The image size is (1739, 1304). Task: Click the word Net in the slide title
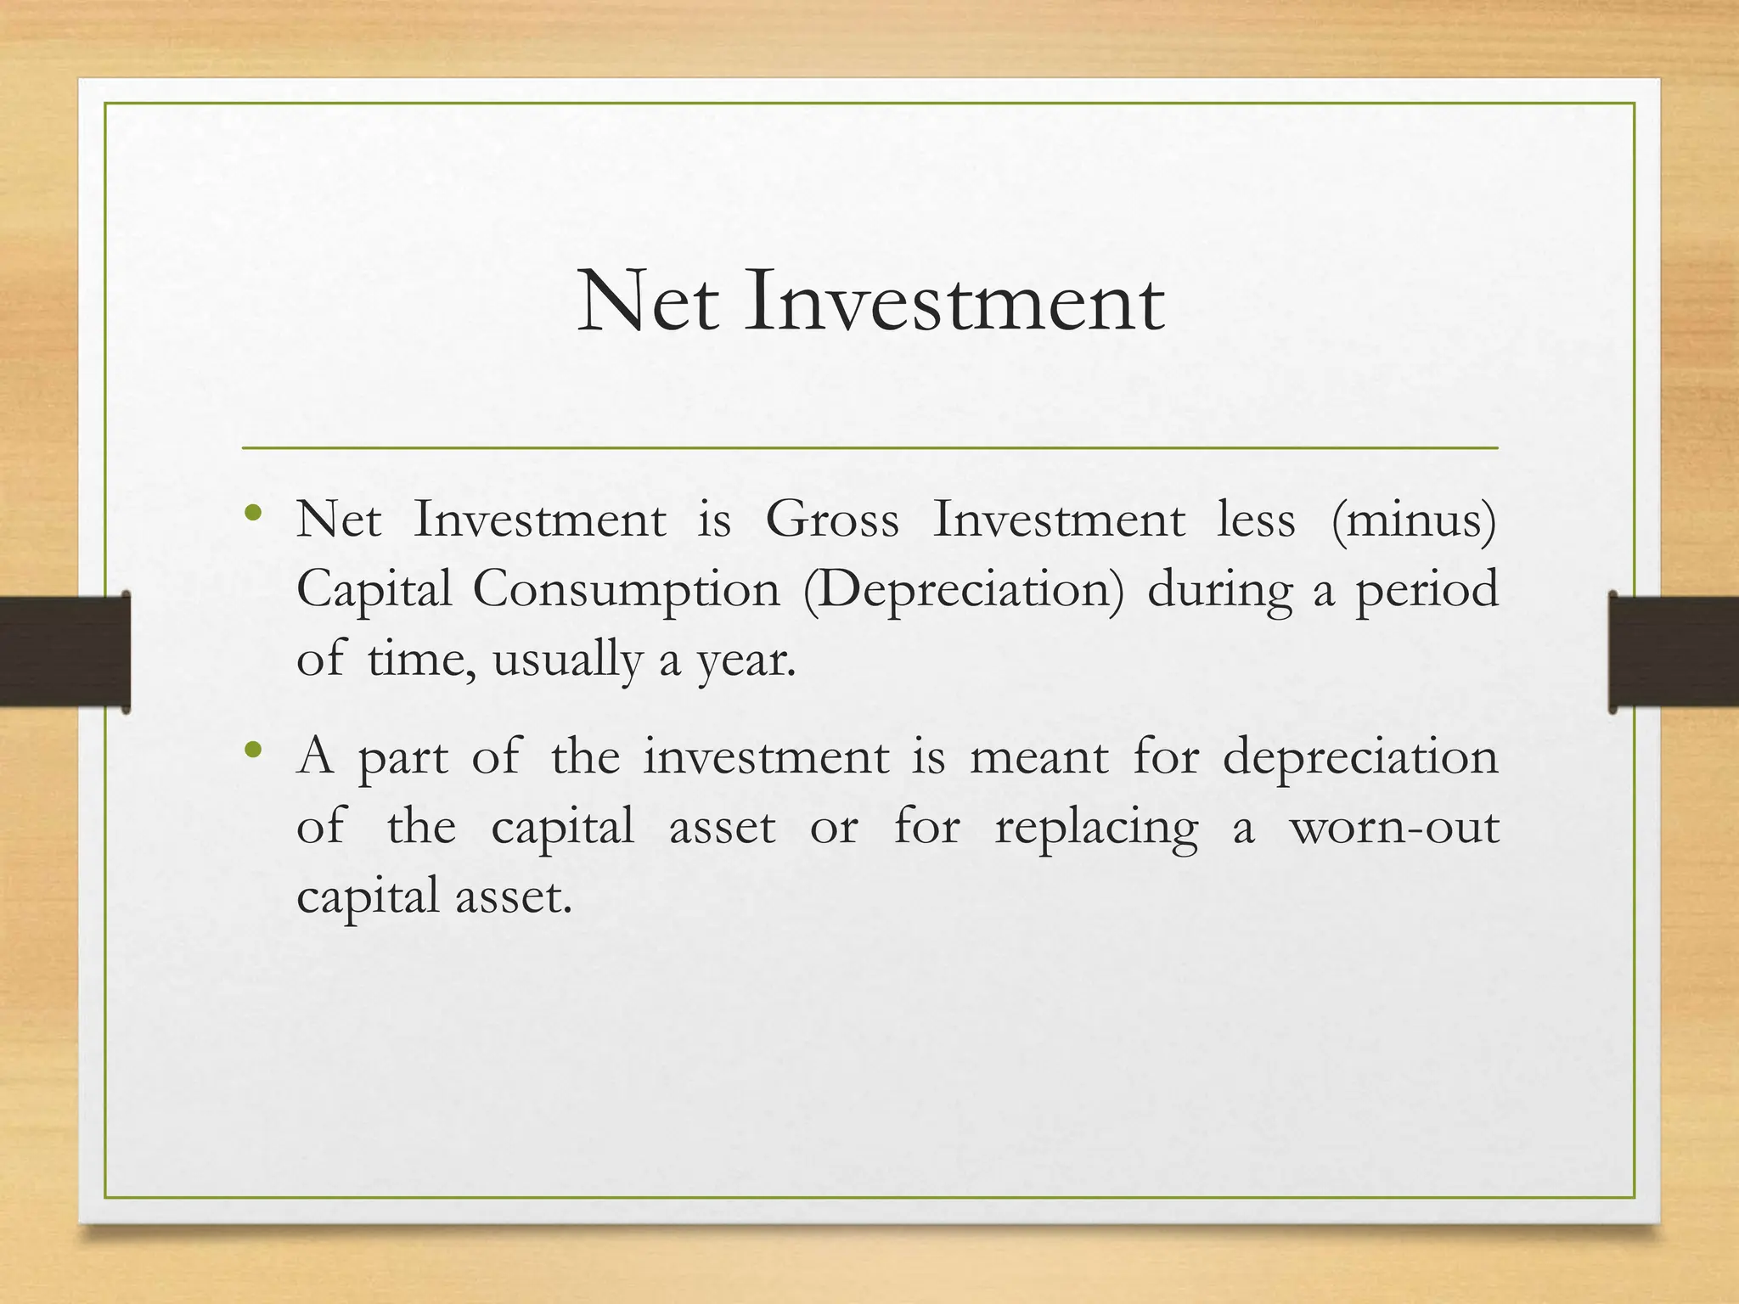click(648, 302)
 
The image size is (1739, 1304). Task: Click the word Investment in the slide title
click(955, 302)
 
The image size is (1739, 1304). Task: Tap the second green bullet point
click(252, 750)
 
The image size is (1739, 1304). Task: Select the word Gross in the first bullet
click(832, 520)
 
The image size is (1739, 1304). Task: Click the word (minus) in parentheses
click(1414, 520)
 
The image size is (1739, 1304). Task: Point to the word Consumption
click(626, 589)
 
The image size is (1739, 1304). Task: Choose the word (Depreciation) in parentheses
click(963, 589)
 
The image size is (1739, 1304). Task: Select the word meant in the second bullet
click(1039, 756)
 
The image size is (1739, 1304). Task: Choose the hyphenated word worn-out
click(1394, 826)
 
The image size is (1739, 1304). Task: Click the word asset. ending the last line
click(514, 896)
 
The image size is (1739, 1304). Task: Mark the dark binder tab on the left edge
click(65, 652)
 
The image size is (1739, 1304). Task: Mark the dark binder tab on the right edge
click(1673, 652)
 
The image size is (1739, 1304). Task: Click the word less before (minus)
click(1256, 520)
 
